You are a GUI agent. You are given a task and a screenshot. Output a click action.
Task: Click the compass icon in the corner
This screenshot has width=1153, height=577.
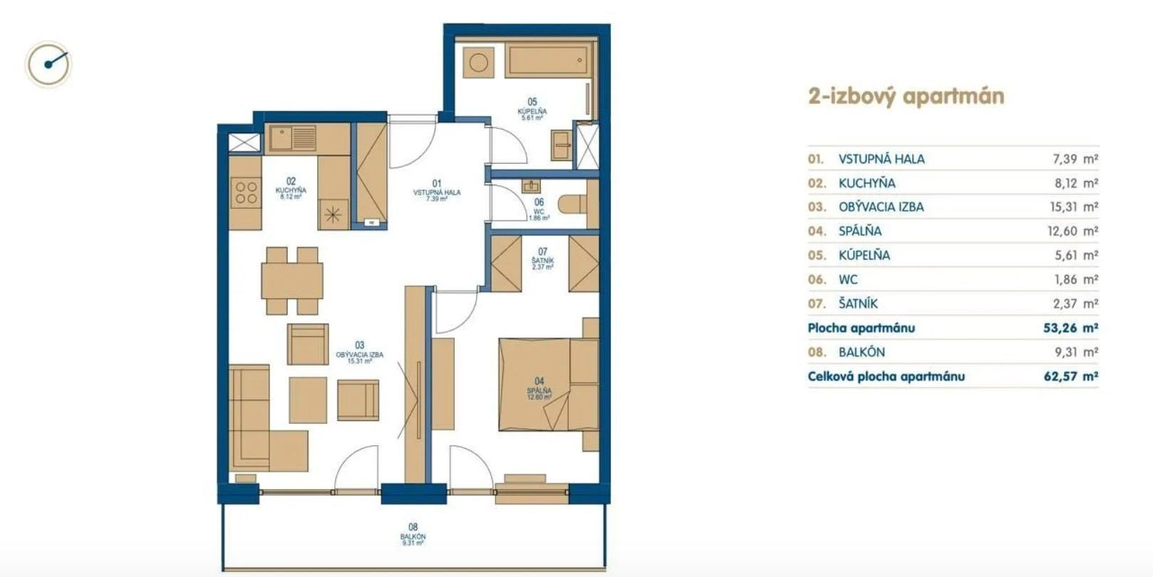click(48, 64)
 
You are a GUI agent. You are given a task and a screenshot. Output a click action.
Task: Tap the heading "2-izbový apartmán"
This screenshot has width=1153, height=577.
click(906, 97)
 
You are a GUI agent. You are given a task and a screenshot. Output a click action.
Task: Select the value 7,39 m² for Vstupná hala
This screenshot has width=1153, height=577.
click(1075, 159)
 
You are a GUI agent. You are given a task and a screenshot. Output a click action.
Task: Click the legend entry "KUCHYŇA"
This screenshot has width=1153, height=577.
click(867, 183)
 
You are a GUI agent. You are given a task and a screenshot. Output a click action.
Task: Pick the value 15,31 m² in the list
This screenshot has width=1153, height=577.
click(1074, 207)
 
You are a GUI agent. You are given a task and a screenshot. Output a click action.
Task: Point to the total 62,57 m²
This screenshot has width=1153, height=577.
click(1070, 376)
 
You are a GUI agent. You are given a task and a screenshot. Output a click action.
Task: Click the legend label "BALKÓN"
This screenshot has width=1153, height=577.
click(862, 352)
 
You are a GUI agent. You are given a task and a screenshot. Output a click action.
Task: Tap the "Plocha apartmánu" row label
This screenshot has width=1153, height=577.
click(861, 328)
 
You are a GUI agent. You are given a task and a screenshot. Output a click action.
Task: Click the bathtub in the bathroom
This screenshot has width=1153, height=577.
click(549, 61)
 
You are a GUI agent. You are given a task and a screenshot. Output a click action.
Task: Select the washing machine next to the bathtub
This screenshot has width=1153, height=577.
click(479, 63)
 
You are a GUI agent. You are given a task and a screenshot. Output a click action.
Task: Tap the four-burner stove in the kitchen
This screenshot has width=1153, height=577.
click(246, 192)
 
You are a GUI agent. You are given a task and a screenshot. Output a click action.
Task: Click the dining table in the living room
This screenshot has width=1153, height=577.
click(292, 281)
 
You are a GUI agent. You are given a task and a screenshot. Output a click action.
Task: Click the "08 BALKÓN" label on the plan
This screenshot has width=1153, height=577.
click(413, 534)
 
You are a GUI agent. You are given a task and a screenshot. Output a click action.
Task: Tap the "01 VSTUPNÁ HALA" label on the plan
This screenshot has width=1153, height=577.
click(437, 190)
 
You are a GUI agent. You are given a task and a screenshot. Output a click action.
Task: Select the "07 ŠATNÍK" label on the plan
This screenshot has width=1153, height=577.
click(542, 259)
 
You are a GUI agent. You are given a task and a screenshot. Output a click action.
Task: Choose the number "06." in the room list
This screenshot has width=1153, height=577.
click(817, 279)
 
